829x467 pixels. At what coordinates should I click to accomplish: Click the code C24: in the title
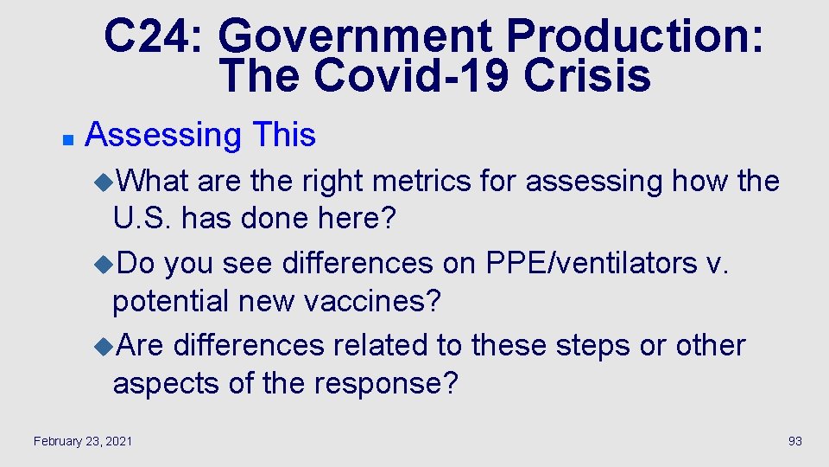pyautogui.click(x=155, y=37)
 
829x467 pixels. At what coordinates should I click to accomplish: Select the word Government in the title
pyautogui.click(x=356, y=37)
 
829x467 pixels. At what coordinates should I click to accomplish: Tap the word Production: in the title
pyautogui.click(x=635, y=37)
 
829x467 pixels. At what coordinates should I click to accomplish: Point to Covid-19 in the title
pyautogui.click(x=411, y=75)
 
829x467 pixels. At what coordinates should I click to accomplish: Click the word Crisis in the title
pyautogui.click(x=586, y=75)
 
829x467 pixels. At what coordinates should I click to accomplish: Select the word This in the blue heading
pyautogui.click(x=284, y=135)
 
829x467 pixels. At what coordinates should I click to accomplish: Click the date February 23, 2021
pyautogui.click(x=83, y=441)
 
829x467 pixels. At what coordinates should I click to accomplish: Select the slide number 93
pyautogui.click(x=795, y=441)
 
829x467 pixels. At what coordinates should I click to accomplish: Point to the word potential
pyautogui.click(x=173, y=302)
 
